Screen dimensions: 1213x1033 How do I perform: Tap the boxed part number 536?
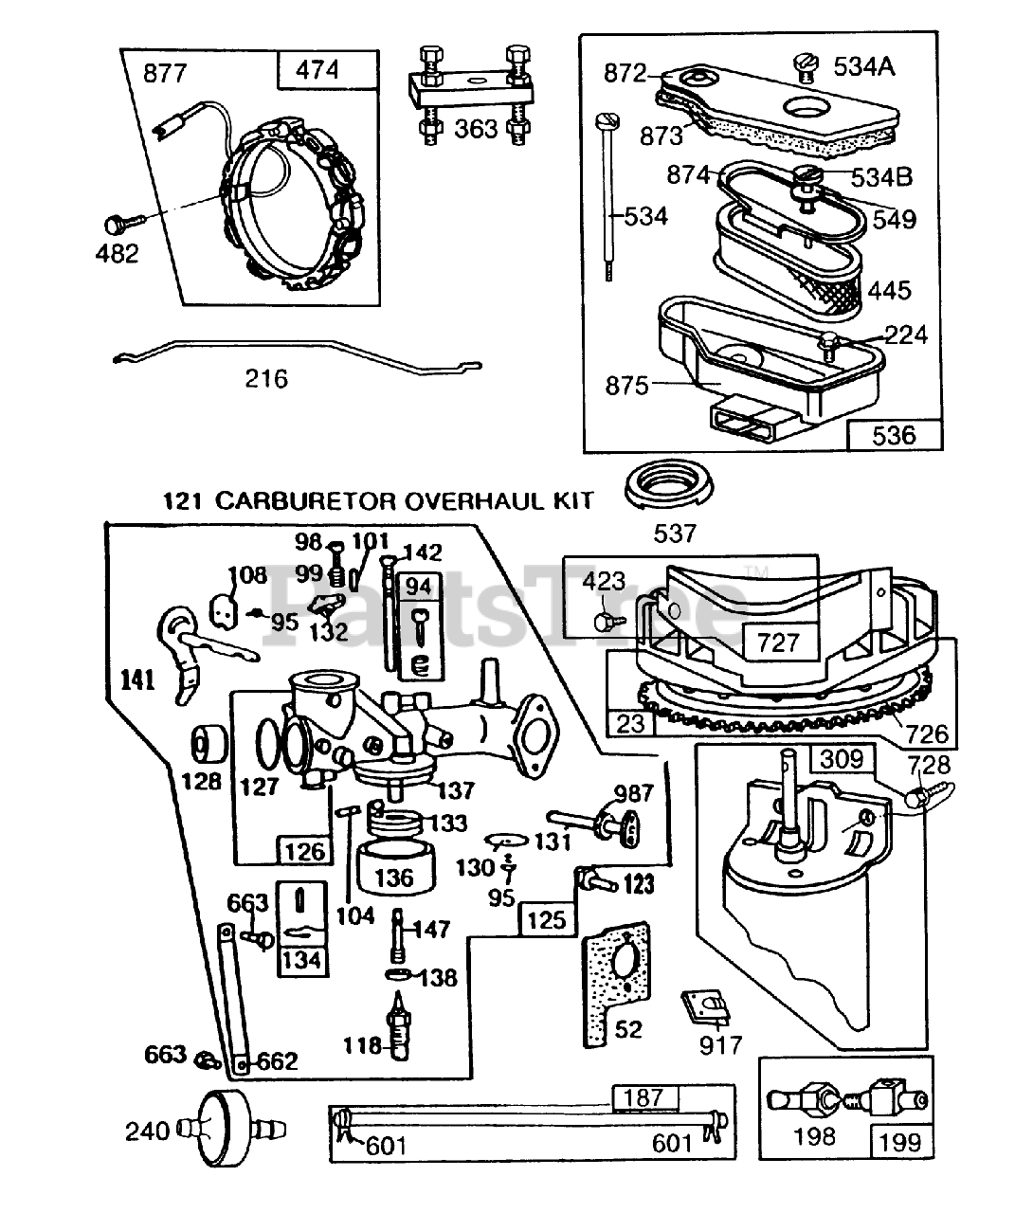tap(895, 435)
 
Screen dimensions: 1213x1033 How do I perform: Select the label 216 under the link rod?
tap(266, 379)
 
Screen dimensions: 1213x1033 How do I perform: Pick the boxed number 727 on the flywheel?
tap(779, 643)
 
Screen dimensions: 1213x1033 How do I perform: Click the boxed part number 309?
tap(842, 759)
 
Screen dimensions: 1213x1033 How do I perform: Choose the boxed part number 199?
tap(899, 1142)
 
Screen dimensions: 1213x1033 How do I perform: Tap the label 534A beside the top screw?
tap(863, 66)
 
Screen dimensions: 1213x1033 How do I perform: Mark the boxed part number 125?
tap(546, 919)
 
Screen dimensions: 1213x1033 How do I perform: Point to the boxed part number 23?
tap(630, 724)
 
